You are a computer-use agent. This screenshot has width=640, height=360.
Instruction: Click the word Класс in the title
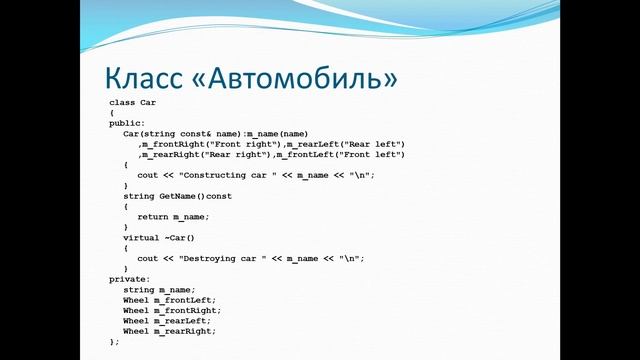pos(146,77)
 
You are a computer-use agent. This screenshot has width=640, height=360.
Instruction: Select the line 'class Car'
pos(132,103)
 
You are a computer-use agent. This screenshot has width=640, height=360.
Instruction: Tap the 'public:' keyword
pos(127,123)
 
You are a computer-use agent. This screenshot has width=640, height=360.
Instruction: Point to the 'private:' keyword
pos(130,279)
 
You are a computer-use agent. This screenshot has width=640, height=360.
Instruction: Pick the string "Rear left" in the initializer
pos(366,144)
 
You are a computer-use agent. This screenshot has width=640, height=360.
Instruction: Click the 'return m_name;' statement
pos(174,217)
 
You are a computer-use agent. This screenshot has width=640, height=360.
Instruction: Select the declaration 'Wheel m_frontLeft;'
pos(169,300)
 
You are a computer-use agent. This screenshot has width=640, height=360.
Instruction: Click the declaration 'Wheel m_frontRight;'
pos(172,311)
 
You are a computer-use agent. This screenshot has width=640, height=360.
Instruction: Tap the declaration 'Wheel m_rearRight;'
pos(169,331)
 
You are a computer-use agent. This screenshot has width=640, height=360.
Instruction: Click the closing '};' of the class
pos(114,342)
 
